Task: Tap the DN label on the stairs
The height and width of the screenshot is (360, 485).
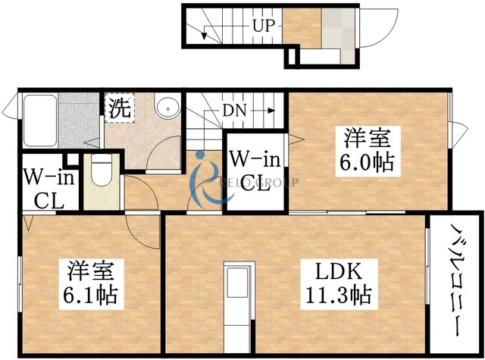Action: pos(233,111)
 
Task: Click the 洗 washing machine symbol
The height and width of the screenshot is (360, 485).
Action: pos(119,108)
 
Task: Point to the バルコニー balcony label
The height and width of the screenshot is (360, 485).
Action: pos(456,280)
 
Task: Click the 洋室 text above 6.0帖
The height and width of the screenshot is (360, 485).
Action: pos(369,139)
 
